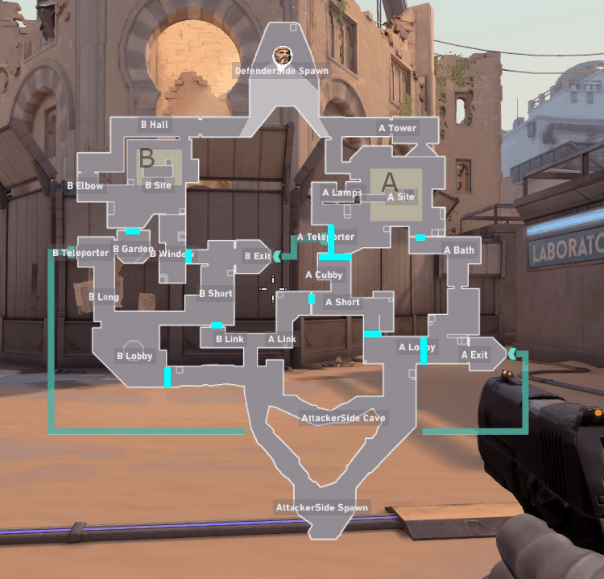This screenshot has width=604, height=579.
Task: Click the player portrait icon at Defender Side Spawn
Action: [283, 56]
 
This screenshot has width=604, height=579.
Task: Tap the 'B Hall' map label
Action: [155, 125]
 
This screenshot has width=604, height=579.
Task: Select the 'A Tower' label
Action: [397, 128]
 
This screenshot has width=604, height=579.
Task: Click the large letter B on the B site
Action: [147, 158]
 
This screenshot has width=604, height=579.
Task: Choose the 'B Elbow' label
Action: [85, 186]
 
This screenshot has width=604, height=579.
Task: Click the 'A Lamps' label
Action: [341, 192]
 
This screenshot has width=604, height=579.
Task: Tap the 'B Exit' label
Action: [258, 256]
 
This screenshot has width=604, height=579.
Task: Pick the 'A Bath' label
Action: [459, 250]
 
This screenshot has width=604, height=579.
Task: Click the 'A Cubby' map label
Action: [324, 275]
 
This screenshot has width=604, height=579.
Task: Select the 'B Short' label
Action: [216, 294]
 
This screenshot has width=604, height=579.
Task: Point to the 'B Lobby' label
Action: [134, 356]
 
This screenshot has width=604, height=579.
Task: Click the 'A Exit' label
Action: [474, 354]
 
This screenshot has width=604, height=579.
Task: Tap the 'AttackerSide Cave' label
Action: [343, 418]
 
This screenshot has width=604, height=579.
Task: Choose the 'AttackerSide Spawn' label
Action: [321, 507]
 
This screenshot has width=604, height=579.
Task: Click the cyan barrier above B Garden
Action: [133, 231]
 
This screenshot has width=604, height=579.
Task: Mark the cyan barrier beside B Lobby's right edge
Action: [168, 378]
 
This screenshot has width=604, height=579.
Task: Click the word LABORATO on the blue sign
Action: [567, 247]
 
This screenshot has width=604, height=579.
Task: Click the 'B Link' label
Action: [230, 339]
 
